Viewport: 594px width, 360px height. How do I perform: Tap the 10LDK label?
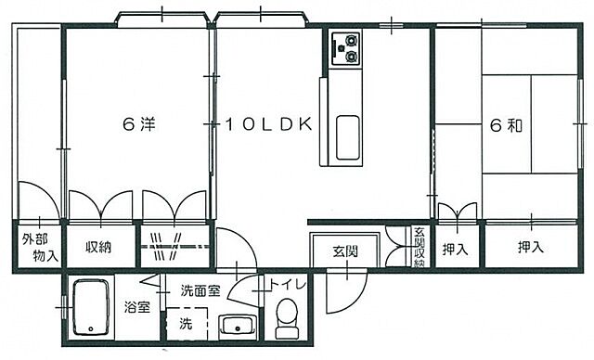265,125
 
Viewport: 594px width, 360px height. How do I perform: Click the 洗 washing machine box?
186,325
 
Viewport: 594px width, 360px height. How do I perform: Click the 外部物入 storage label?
39,247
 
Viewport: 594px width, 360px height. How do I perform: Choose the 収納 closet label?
99,247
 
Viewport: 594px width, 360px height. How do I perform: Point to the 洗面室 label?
200,289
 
